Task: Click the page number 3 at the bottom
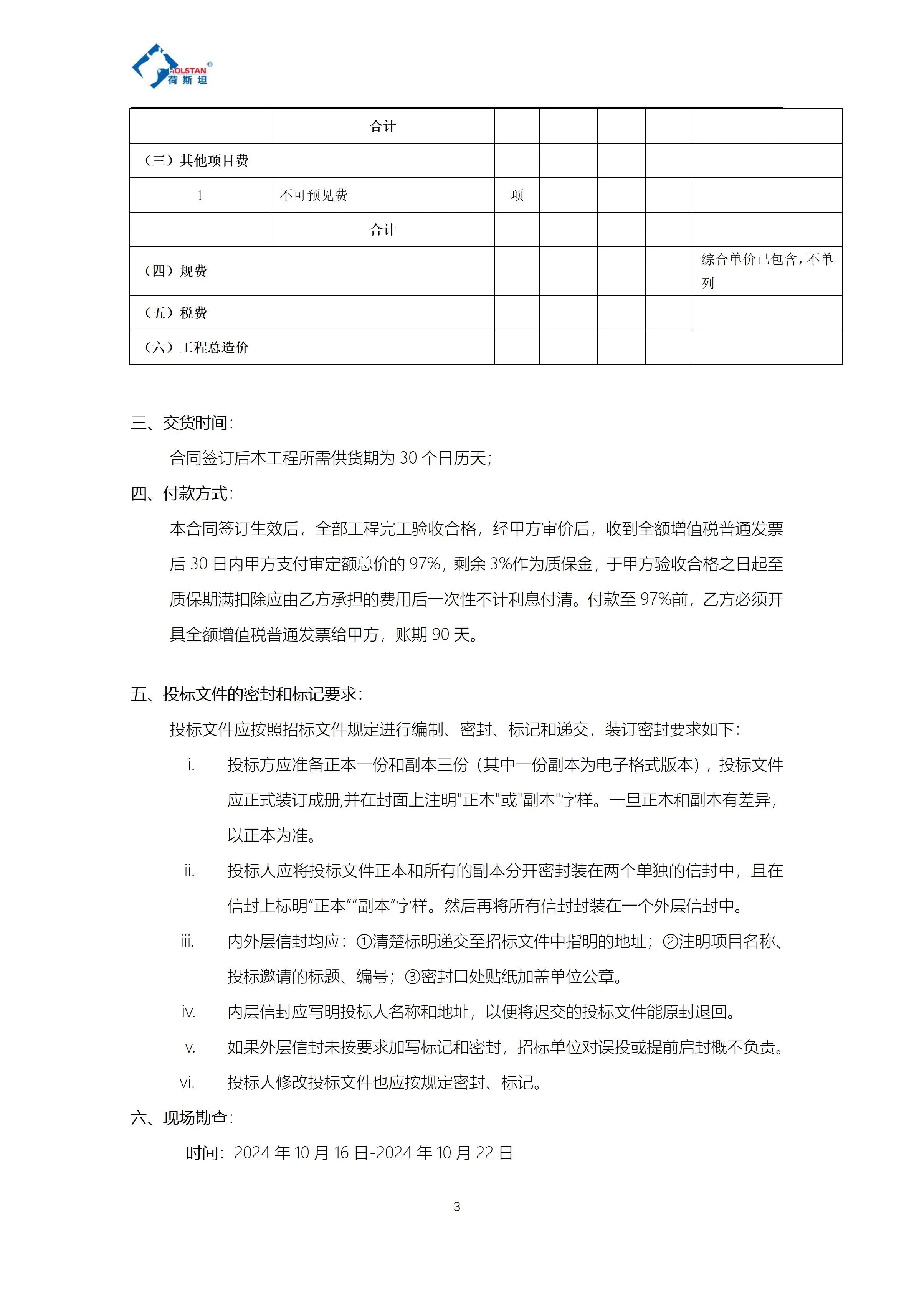456,1206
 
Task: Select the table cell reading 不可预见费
314,195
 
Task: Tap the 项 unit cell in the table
517,195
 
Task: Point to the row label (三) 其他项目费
197,161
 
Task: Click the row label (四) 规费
176,271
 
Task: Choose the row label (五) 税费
176,313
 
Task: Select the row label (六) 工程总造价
197,347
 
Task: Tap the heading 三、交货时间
181,422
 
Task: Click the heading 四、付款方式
181,493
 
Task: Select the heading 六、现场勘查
181,1117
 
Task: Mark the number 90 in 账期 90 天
441,635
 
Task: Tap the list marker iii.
187,941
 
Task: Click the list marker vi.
187,1082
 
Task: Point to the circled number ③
413,977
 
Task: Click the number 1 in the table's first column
200,195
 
